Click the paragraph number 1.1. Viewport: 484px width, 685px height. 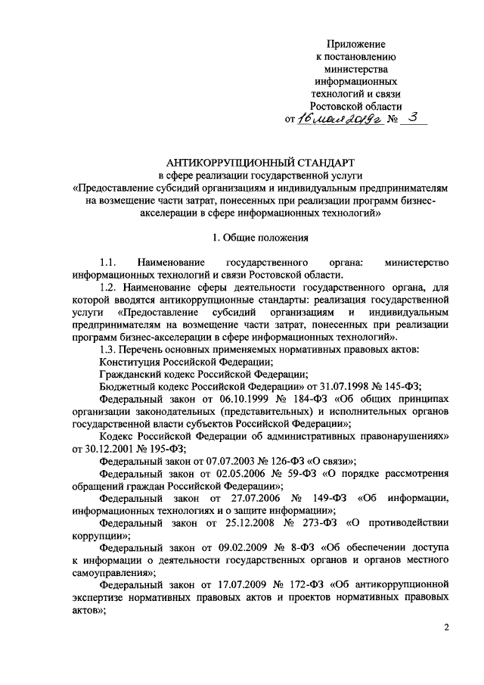110,262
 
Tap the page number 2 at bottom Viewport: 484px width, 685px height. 446,628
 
